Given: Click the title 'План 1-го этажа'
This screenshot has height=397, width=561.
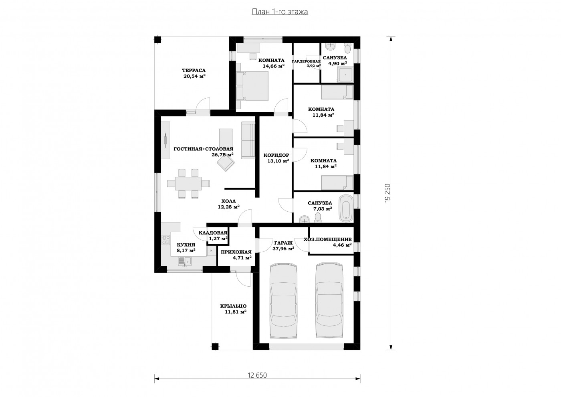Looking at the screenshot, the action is [x=280, y=12].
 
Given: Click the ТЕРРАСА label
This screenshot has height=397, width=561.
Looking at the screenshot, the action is [x=194, y=71].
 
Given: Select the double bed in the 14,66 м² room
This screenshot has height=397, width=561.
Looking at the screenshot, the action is [x=252, y=86].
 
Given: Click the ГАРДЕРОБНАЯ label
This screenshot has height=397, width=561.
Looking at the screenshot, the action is [x=306, y=61].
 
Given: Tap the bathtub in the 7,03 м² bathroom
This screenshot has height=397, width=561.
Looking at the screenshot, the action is [x=346, y=208].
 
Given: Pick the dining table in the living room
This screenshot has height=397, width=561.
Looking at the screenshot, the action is [x=188, y=184].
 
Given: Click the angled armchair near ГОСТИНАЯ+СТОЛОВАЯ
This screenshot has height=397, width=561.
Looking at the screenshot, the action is [x=226, y=162].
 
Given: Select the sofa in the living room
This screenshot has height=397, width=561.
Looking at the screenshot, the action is [x=248, y=140].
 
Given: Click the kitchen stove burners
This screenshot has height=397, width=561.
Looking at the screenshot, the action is [x=165, y=240].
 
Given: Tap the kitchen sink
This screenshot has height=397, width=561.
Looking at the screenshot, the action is [x=185, y=261].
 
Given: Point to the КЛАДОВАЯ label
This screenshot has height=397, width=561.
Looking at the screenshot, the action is [x=213, y=233].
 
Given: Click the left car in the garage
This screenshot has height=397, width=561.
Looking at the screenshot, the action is [x=284, y=301].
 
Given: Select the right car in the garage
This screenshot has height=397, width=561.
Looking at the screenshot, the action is [x=329, y=300].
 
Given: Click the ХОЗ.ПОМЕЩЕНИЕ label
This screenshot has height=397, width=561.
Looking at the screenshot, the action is [x=328, y=239].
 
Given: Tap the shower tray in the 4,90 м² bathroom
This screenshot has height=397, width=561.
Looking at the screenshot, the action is [x=345, y=75].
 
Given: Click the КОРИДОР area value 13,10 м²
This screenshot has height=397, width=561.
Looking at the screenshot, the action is [x=278, y=161].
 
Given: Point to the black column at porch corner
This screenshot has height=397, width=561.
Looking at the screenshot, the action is [x=215, y=346].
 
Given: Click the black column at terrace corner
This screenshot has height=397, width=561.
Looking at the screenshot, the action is [x=157, y=40].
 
